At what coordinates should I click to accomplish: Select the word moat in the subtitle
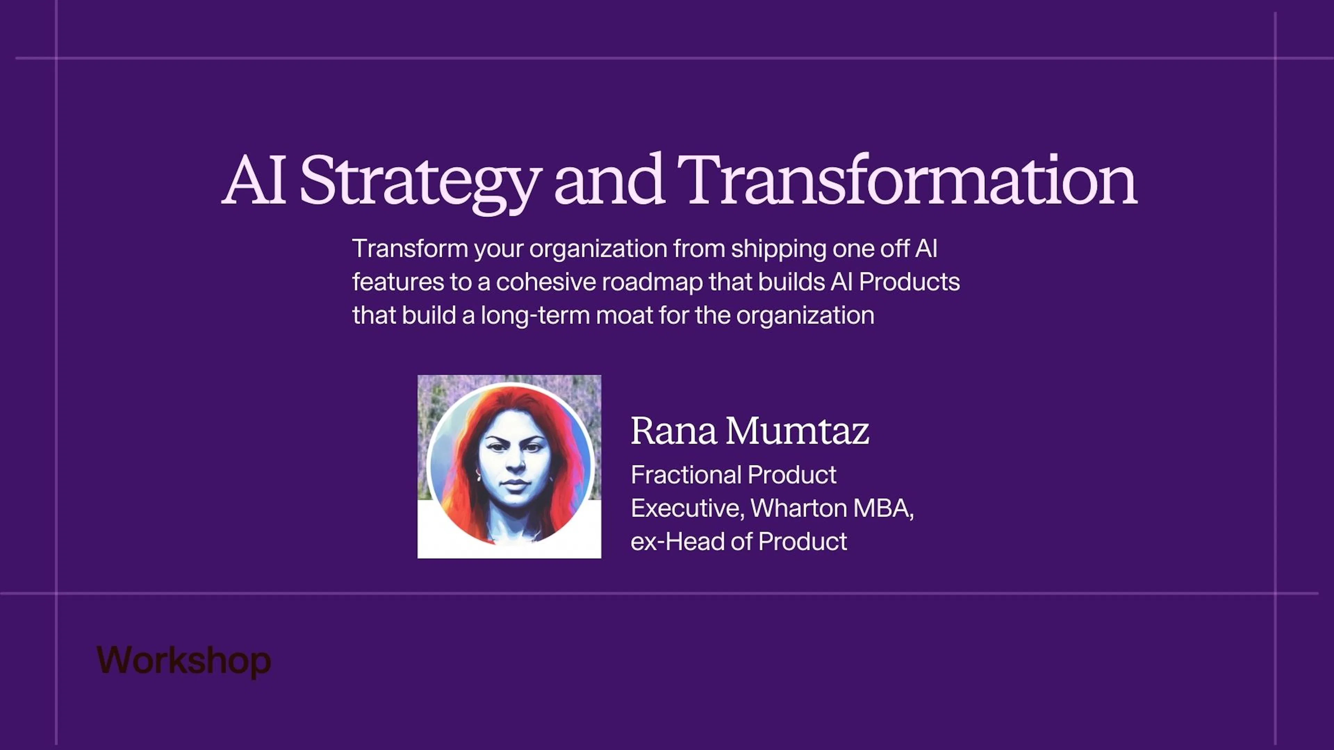pyautogui.click(x=624, y=315)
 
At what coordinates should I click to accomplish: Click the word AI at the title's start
pyautogui.click(x=254, y=180)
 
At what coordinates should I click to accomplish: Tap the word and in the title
pyautogui.click(x=610, y=180)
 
